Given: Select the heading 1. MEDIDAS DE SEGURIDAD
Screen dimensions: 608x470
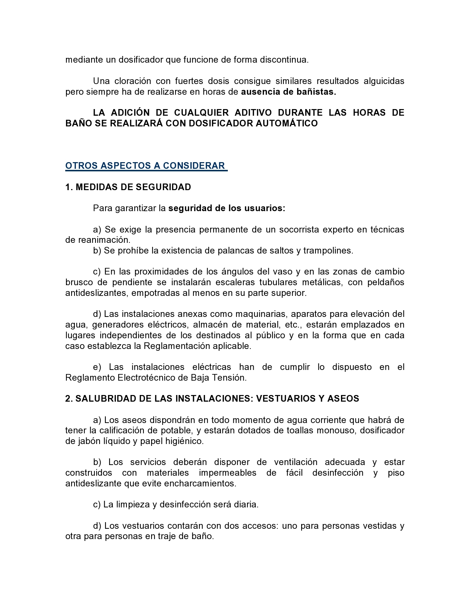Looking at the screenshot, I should pyautogui.click(x=128, y=187).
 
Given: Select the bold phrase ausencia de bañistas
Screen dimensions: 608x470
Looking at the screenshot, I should pyautogui.click(x=288, y=92).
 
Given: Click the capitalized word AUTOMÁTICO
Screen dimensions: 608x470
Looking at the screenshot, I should pyautogui.click(x=286, y=123).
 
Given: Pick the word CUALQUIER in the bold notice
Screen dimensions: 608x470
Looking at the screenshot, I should pyautogui.click(x=201, y=112).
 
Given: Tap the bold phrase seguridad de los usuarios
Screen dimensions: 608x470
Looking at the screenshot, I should pyautogui.click(x=226, y=208).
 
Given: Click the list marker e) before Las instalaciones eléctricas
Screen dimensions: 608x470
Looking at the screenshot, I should pyautogui.click(x=97, y=367).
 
